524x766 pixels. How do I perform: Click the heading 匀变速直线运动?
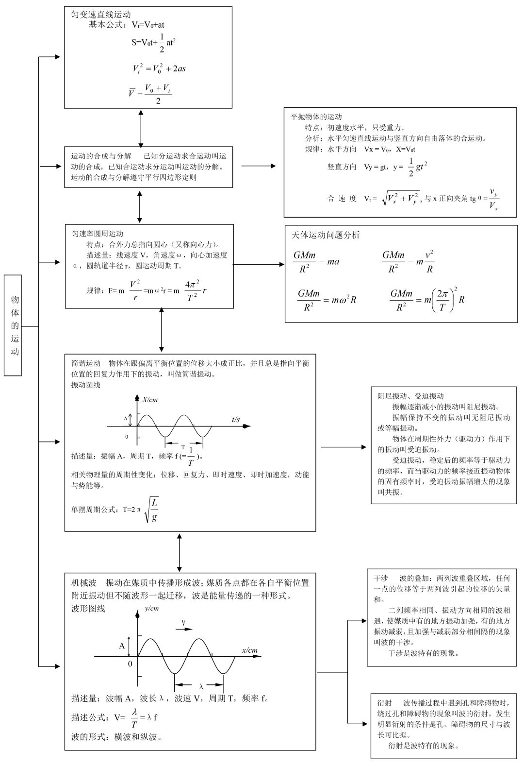click(101, 15)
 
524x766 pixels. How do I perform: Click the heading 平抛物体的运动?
click(316, 117)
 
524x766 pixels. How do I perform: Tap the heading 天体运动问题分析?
click(326, 235)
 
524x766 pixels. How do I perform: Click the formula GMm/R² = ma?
click(316, 262)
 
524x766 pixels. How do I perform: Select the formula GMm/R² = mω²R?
click(327, 300)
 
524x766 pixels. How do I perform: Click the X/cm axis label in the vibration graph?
click(150, 400)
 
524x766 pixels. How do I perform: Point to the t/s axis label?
click(236, 419)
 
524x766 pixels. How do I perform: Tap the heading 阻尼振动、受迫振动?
click(410, 396)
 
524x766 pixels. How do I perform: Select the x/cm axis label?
click(250, 650)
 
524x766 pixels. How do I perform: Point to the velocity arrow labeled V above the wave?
click(184, 625)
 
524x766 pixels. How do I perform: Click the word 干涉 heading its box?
click(381, 579)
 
